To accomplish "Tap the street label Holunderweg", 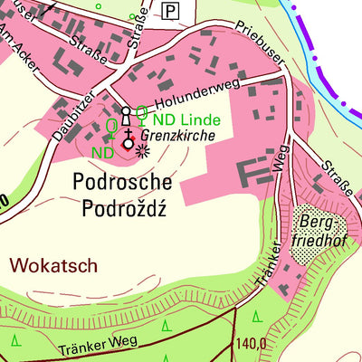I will [x=195, y=98].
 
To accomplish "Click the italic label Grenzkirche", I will [x=184, y=136].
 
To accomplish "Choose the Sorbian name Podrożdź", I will [x=126, y=211].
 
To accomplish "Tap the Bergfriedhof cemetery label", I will [x=313, y=228].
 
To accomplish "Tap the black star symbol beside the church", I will [x=142, y=151].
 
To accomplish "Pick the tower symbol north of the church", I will [x=127, y=115].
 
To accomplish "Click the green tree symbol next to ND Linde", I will [x=142, y=112].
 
